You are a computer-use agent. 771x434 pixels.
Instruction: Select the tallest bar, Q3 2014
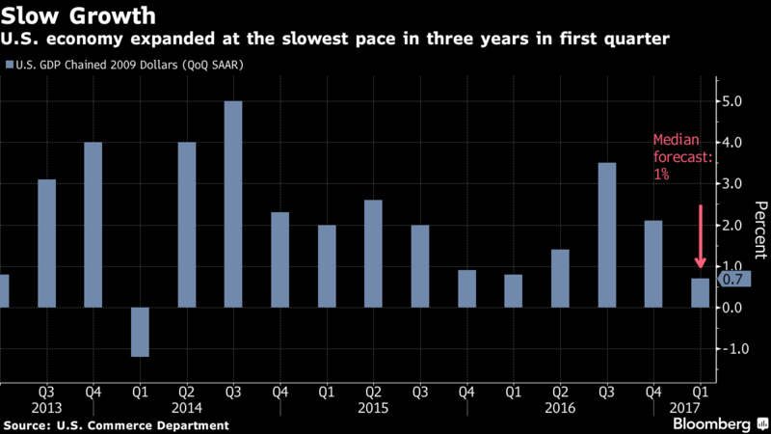coord(233,203)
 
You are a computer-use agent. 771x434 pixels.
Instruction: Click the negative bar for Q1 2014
coord(140,332)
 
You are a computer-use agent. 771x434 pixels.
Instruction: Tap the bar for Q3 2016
coord(607,234)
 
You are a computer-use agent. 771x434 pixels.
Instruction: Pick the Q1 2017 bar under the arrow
coord(701,292)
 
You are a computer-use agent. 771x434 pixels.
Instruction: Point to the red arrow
coord(701,236)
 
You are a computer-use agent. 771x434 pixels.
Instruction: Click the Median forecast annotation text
coord(682,159)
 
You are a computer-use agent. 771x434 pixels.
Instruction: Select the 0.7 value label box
coord(730,280)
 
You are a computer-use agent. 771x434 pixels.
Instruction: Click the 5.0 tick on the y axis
coord(731,101)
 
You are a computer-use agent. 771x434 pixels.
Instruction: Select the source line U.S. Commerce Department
coord(117,424)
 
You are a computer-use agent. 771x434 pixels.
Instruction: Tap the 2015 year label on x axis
coord(374,407)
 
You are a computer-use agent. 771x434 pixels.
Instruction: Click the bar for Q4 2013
coord(93,225)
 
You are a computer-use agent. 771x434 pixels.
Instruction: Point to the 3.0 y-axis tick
coord(731,183)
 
